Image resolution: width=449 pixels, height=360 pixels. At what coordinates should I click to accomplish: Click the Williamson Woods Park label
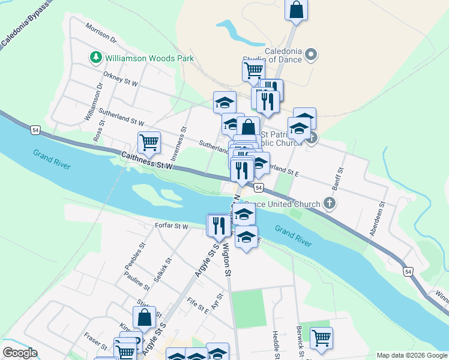[149, 58]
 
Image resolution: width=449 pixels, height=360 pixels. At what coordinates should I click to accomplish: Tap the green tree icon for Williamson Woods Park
[95, 58]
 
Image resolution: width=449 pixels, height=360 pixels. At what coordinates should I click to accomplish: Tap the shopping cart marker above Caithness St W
[149, 143]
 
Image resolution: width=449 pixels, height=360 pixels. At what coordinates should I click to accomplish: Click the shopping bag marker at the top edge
[296, 10]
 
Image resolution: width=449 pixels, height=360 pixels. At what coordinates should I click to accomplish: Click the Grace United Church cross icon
[330, 203]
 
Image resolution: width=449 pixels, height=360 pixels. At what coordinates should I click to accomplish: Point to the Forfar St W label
[172, 227]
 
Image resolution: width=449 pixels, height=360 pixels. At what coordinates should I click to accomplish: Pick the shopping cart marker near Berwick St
[321, 338]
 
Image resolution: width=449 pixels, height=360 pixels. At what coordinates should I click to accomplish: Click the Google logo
[20, 353]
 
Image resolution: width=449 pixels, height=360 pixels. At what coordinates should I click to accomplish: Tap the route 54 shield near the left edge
[35, 129]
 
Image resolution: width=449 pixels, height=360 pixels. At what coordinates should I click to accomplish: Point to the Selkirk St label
[164, 270]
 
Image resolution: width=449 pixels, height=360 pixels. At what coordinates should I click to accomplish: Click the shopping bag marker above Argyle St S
[144, 317]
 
